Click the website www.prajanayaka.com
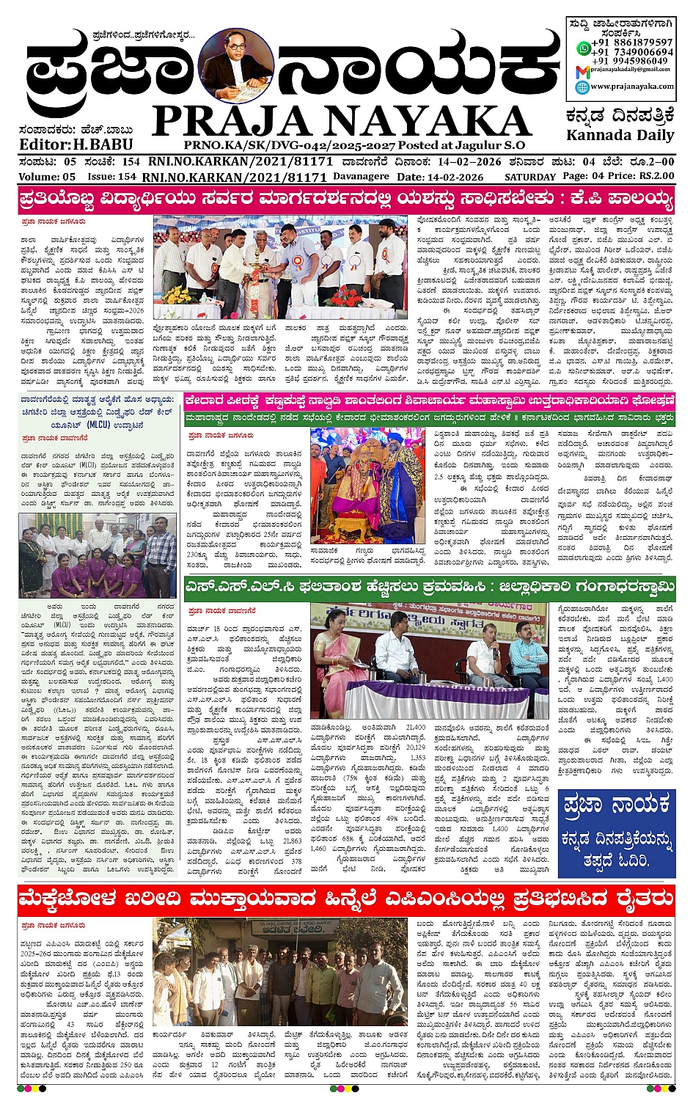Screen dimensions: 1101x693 click(632, 87)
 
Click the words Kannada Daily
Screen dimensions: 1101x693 click(620, 135)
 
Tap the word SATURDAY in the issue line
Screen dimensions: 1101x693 click(529, 177)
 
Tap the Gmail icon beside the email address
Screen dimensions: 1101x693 click(582, 70)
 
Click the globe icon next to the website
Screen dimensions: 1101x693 click(582, 87)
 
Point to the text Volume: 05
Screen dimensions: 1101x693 click(47, 177)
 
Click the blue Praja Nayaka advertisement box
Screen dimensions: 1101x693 click(615, 833)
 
